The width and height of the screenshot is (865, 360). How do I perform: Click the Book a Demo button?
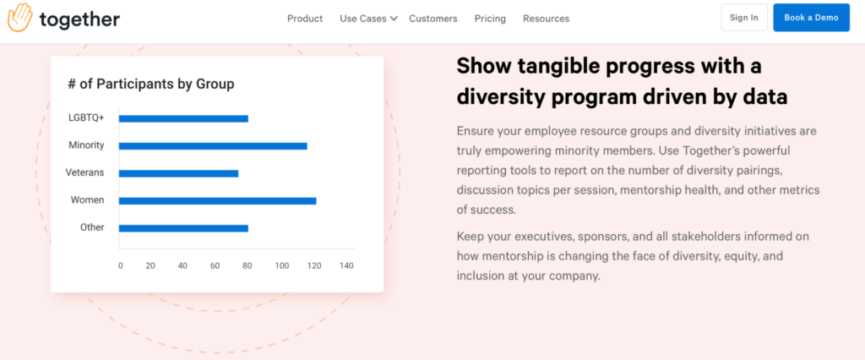[811, 18]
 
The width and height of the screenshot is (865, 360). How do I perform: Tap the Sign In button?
[743, 18]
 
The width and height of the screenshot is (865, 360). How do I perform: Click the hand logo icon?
[20, 17]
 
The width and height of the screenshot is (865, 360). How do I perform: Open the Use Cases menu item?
[368, 19]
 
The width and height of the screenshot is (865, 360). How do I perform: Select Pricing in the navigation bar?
[490, 19]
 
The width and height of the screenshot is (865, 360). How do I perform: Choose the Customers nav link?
[433, 19]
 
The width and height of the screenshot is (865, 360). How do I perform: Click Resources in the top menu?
[547, 19]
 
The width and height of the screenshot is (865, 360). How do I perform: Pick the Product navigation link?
[305, 19]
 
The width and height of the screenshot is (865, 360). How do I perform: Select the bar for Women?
[217, 200]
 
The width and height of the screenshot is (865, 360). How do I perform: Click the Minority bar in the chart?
[213, 145]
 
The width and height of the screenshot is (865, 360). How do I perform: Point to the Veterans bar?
[179, 173]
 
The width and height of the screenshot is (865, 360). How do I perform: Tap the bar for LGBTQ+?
[183, 118]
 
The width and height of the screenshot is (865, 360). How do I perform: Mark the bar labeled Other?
[183, 228]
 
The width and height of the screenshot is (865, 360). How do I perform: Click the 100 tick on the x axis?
[282, 265]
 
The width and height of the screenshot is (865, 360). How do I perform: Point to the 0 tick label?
[121, 265]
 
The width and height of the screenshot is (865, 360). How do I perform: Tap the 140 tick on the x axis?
[346, 265]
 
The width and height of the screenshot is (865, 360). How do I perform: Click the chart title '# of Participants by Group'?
[151, 84]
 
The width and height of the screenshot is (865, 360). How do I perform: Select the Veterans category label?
[85, 172]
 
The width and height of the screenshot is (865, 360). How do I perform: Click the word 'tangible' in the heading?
[559, 67]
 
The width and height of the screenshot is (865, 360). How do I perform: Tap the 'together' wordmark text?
[79, 19]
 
